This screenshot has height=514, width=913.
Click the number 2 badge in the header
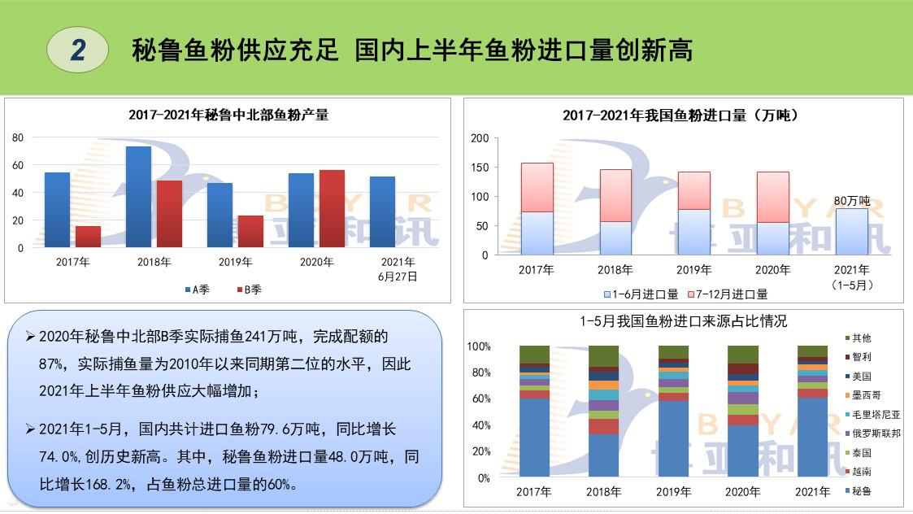(78, 50)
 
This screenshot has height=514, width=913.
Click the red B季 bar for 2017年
(88, 237)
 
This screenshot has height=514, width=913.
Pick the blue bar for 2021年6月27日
(382, 211)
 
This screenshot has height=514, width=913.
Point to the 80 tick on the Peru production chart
(18, 138)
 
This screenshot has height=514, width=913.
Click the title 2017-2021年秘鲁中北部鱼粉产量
(228, 115)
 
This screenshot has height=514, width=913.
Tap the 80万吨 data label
(852, 201)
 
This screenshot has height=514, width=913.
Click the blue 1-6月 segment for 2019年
(694, 232)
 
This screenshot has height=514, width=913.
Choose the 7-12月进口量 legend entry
(728, 294)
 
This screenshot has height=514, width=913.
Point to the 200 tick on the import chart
(480, 138)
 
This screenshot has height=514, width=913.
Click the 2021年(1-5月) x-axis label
(851, 277)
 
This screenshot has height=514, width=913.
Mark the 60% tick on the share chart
(479, 399)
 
